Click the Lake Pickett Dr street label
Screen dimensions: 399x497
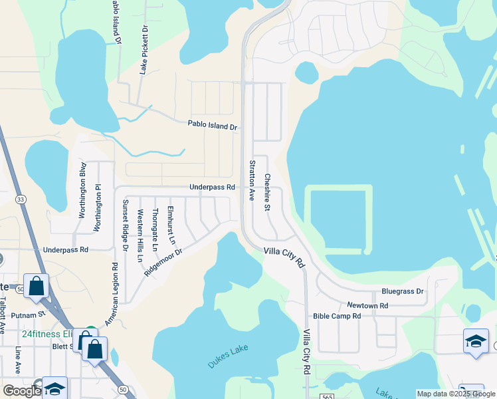click(x=144, y=50)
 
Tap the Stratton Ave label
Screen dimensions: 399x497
click(x=252, y=180)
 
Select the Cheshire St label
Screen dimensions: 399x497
click(x=267, y=193)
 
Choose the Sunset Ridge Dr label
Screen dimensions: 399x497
click(x=125, y=225)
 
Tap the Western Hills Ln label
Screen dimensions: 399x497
click(x=140, y=235)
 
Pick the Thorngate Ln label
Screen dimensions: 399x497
click(x=155, y=229)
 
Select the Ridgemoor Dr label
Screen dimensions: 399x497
click(x=163, y=259)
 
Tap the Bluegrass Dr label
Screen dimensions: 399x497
click(x=402, y=291)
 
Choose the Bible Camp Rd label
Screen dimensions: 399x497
click(x=336, y=316)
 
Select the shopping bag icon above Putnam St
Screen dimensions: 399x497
click(x=36, y=287)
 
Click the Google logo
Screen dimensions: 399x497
click(x=22, y=391)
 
